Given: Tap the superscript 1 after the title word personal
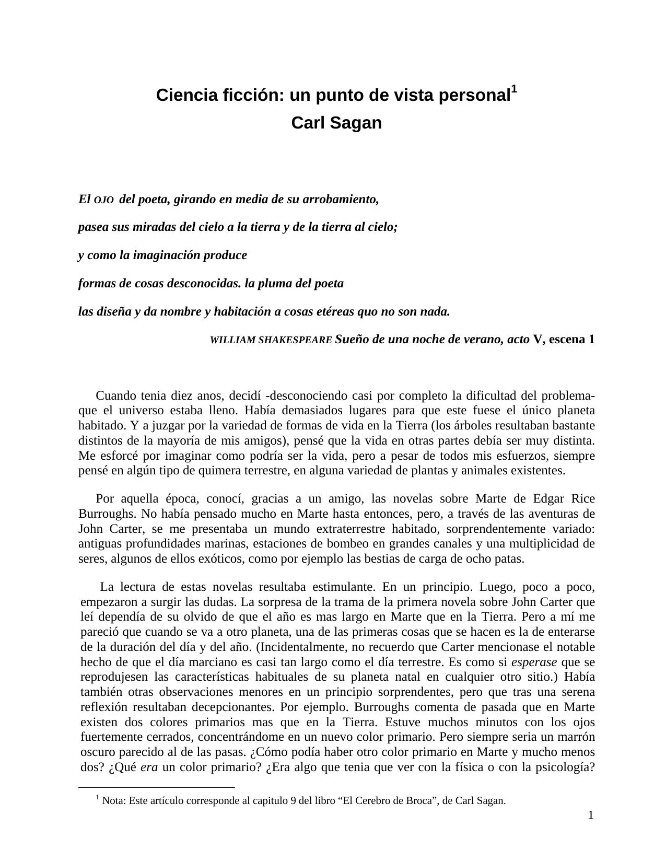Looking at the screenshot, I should [x=514, y=89].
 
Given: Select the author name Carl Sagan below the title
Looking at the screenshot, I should [x=336, y=123].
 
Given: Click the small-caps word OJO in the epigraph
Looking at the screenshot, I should [x=104, y=200].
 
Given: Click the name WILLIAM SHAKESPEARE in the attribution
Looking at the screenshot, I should [x=271, y=340].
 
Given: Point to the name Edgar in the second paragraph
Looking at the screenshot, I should [x=549, y=498].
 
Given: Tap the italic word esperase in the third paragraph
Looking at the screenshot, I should [x=534, y=662].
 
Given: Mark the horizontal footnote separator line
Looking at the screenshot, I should [x=157, y=787].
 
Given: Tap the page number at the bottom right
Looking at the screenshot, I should [x=591, y=816].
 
